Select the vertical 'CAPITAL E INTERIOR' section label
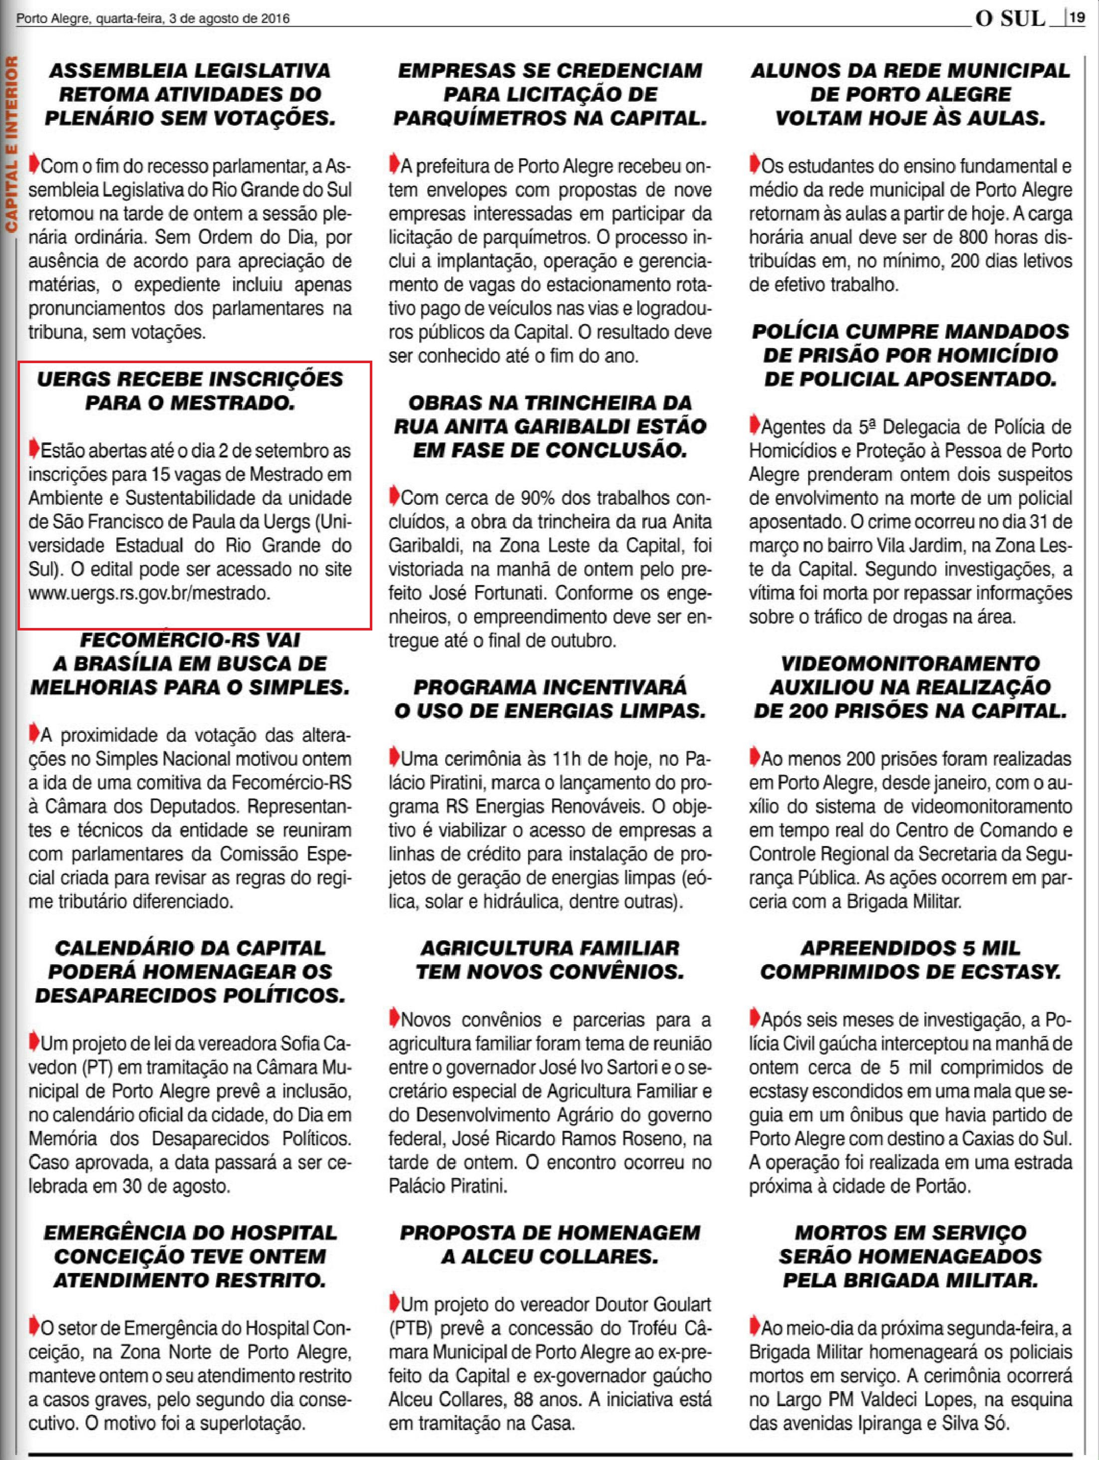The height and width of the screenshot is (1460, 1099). (x=11, y=145)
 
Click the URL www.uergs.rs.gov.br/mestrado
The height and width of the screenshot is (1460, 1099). (x=149, y=593)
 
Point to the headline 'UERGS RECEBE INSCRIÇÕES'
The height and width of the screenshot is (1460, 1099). (x=190, y=379)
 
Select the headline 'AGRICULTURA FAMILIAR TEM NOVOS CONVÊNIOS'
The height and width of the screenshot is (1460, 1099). (x=549, y=960)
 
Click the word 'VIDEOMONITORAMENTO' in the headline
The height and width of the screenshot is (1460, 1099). (x=910, y=663)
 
